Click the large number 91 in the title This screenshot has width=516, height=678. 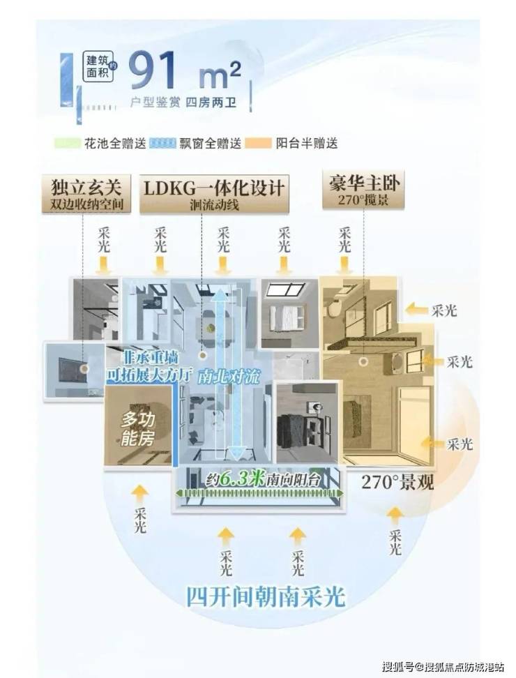pos(155,70)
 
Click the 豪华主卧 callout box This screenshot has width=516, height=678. pos(365,190)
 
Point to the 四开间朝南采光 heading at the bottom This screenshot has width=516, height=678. pos(264,597)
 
